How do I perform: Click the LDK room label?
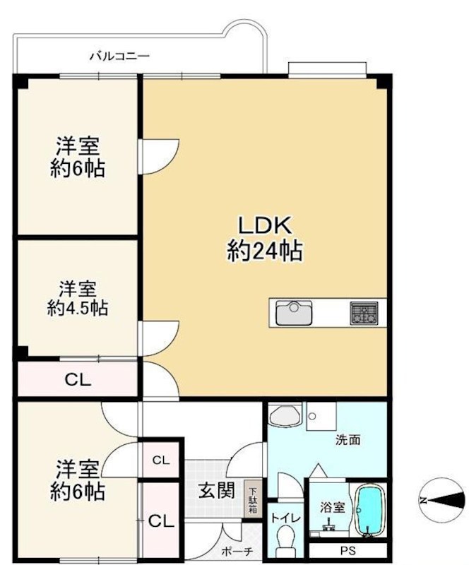264,226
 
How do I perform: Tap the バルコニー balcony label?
119,55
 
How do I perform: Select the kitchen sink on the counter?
295,312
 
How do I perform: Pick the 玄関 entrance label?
215,490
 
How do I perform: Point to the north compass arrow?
441,499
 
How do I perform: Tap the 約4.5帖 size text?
78,309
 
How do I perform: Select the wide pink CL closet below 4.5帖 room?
78,380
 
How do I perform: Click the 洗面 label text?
348,439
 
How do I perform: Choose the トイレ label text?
285,518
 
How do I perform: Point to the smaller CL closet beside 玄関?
161,460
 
